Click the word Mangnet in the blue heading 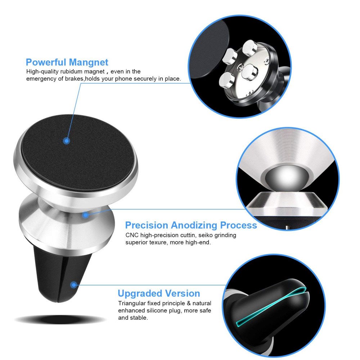89,63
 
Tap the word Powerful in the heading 46,62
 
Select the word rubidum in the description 71,72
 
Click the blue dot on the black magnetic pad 66,140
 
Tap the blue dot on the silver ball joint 85,215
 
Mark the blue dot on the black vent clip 74,285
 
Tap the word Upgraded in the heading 140,294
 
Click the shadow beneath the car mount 60,319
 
